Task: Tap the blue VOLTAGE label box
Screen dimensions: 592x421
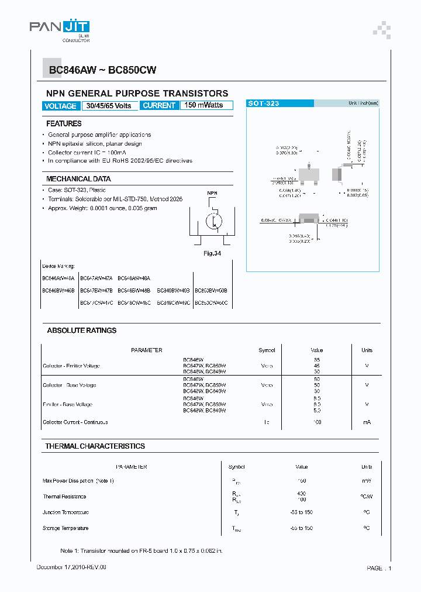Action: [x=60, y=106]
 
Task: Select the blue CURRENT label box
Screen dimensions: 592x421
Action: [x=159, y=106]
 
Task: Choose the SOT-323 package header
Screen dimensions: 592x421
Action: [x=264, y=104]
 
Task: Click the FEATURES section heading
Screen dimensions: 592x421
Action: [x=64, y=124]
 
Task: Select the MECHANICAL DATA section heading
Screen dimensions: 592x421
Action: [x=78, y=179]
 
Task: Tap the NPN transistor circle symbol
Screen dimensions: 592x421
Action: [x=213, y=222]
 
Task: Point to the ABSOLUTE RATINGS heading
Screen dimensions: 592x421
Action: [x=82, y=331]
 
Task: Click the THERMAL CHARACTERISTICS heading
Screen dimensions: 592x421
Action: [x=95, y=446]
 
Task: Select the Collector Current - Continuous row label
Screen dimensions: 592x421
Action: [x=75, y=422]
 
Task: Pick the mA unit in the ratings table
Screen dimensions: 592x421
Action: [x=367, y=422]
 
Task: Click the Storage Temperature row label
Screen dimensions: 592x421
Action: [x=65, y=528]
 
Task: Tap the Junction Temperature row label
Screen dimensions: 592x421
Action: [x=65, y=512]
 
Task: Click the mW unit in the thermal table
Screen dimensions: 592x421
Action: [x=367, y=481]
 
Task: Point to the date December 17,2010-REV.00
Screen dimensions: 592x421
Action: [x=71, y=567]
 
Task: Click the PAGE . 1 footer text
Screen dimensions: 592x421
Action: [x=379, y=568]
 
